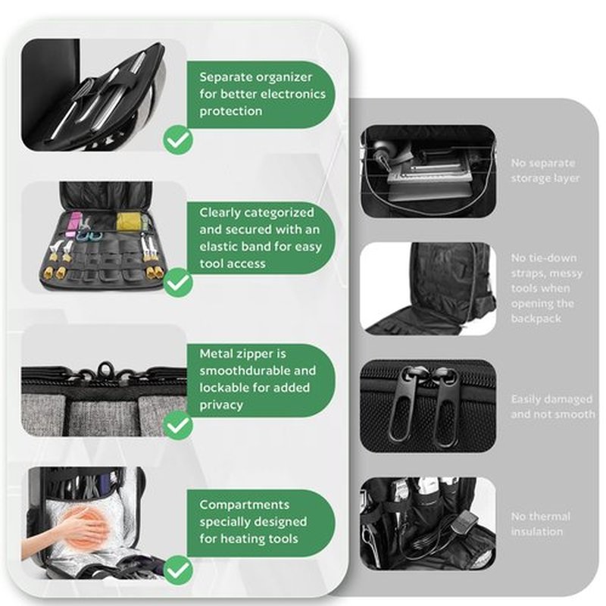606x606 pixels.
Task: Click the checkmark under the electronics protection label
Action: coord(178,139)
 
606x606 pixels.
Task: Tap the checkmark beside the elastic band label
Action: coord(178,283)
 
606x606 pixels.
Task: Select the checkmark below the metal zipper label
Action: coord(178,425)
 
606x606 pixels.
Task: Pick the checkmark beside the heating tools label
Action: coord(178,570)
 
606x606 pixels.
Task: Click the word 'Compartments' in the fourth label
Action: coord(244,505)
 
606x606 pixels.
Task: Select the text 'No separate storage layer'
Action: coord(545,170)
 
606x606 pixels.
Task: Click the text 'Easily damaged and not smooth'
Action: coord(553,407)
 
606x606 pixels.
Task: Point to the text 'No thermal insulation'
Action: coord(540,524)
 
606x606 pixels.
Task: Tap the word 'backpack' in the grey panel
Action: coord(536,318)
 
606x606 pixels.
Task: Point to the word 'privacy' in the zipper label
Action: coord(221,405)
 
